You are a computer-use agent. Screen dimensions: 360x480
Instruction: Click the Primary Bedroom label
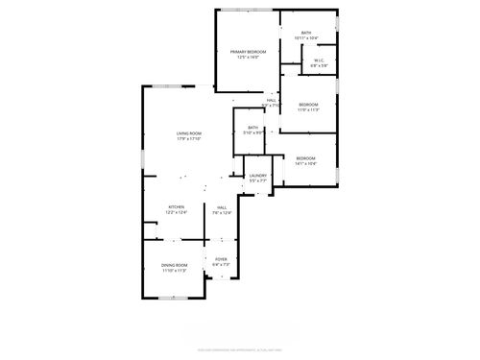coord(248,51)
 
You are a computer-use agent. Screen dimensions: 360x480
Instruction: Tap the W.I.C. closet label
coord(321,60)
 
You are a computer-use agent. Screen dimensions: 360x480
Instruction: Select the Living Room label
coord(188,133)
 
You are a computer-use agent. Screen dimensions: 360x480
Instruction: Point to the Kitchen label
coord(177,207)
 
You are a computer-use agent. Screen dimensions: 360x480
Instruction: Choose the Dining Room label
coord(175,265)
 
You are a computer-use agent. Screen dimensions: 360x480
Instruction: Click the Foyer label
coord(221,259)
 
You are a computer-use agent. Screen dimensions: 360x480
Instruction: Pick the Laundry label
coord(257,176)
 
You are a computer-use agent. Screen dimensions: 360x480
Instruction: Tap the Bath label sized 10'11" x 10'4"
coord(306,33)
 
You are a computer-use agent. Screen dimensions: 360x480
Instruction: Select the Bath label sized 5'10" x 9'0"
coord(252,128)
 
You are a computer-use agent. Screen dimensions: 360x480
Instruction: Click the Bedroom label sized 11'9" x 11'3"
coord(307,104)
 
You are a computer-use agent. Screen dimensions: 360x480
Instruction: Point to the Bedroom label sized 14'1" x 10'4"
coord(305,158)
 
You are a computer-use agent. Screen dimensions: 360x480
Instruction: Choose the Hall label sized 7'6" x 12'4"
coord(221,207)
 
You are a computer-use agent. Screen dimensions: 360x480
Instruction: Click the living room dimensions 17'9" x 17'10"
coord(188,139)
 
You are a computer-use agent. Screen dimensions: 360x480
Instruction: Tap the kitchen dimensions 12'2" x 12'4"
coord(177,213)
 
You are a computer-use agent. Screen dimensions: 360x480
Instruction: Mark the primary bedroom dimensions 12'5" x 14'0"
coord(248,57)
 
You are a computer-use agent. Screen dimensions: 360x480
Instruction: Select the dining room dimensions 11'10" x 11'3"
coord(175,271)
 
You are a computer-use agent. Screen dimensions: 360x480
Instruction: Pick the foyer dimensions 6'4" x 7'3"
coord(221,265)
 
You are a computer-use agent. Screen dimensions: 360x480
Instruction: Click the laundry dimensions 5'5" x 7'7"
coord(257,181)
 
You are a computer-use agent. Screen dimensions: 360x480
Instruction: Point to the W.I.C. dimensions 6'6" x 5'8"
coord(321,66)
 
